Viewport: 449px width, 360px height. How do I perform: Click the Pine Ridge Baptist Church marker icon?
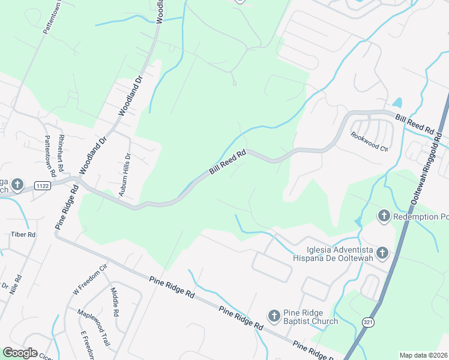274,316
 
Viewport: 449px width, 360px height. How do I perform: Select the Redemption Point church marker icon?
384,215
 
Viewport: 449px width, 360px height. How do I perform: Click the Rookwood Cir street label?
370,142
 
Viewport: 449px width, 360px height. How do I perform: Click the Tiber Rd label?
23,234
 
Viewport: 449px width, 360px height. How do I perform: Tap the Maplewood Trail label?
93,328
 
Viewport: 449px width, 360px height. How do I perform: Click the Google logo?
20,353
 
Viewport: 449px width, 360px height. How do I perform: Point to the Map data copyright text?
423,355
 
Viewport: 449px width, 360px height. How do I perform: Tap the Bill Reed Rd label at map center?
228,163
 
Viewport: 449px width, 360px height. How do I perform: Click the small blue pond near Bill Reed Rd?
397,103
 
